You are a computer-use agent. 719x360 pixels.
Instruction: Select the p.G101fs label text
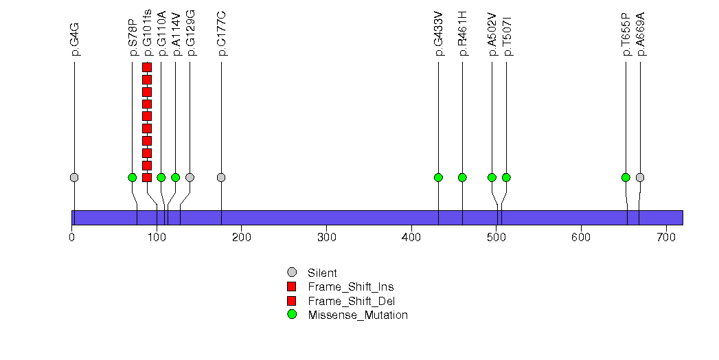[147, 32]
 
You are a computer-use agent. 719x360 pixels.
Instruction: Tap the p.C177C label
[222, 34]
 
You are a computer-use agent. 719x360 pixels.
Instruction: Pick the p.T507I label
[507, 37]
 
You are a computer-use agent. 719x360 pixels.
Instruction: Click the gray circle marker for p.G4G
[74, 177]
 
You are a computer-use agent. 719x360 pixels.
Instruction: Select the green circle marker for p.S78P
[133, 177]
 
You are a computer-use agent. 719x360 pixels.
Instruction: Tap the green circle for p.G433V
[438, 177]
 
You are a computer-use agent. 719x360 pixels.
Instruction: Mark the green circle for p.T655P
[626, 177]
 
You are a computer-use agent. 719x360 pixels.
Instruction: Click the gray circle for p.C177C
[221, 177]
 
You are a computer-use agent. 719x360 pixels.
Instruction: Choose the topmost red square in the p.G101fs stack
[147, 67]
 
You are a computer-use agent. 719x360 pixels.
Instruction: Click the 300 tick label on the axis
[326, 238]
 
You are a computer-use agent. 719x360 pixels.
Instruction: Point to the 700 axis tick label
[666, 238]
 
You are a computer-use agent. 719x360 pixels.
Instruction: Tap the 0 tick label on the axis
[72, 238]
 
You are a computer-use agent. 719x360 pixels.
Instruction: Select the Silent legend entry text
[322, 273]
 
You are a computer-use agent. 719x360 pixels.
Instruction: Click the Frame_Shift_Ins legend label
[351, 287]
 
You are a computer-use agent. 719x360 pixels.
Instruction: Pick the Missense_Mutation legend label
[358, 315]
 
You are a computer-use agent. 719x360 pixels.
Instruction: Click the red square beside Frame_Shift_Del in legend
[292, 301]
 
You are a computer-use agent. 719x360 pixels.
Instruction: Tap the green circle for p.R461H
[462, 177]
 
